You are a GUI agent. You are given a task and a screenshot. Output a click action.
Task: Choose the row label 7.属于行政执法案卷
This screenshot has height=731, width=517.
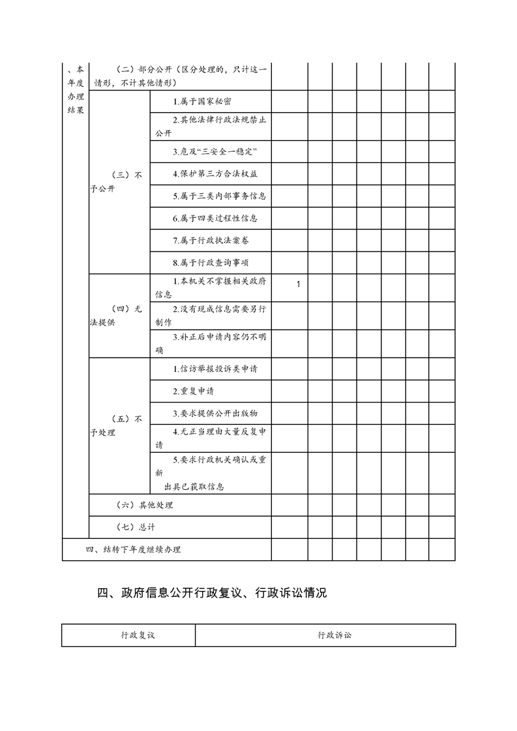click(211, 240)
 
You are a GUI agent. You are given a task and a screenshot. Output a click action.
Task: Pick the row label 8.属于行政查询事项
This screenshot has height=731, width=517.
click(211, 263)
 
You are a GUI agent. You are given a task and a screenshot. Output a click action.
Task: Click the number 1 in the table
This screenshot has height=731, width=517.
click(298, 285)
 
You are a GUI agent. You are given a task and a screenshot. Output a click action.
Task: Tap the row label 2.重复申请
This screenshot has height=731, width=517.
click(193, 391)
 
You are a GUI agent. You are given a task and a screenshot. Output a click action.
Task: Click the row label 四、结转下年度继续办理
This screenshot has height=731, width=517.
click(133, 549)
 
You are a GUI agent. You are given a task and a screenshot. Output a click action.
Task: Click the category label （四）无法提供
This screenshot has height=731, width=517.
click(117, 315)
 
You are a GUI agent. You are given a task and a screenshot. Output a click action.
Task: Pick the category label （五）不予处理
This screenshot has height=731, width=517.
click(117, 425)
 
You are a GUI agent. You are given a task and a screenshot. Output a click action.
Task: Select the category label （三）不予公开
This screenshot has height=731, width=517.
click(117, 182)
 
